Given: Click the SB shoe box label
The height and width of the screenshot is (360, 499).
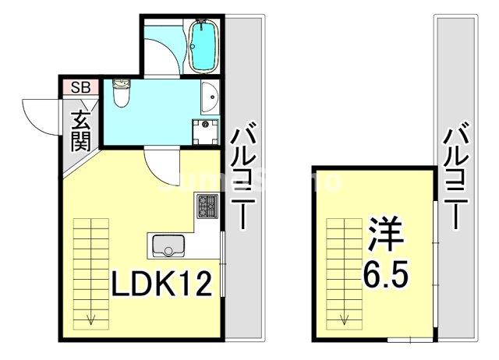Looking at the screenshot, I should [80, 86].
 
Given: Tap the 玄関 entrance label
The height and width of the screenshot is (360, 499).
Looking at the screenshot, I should [81, 131].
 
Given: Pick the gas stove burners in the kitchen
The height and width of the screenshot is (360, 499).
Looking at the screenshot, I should [208, 207].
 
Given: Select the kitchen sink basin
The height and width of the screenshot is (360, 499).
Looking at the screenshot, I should [166, 246].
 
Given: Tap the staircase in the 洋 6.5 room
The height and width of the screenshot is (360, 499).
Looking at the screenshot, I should [344, 261].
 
